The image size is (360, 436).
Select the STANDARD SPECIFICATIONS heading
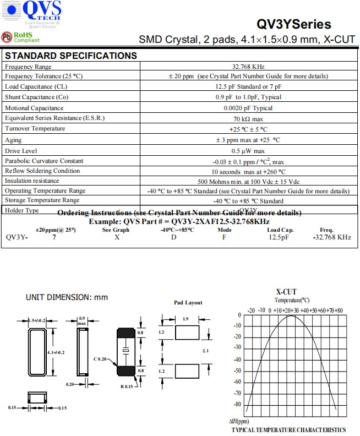click(x=70, y=56)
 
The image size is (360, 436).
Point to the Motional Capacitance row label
click(x=42, y=108)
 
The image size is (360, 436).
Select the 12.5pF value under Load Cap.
click(x=278, y=237)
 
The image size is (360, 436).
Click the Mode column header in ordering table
click(x=224, y=230)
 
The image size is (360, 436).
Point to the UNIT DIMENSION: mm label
click(x=67, y=297)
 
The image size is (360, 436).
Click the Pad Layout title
click(x=188, y=302)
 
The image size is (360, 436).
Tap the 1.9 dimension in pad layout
click(x=186, y=319)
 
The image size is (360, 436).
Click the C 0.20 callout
click(x=101, y=359)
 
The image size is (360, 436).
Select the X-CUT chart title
click(x=286, y=292)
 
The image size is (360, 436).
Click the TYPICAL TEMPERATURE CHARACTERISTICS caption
click(x=288, y=429)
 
